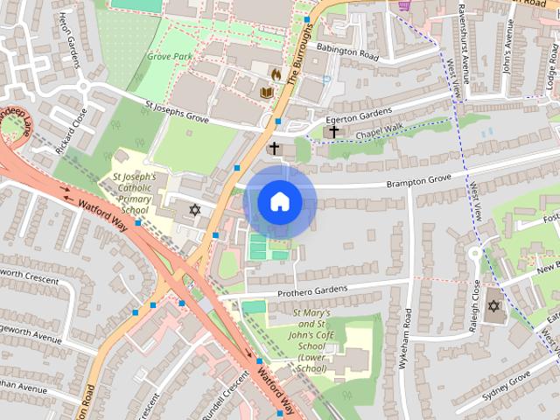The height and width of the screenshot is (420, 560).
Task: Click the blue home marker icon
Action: tap(280, 202)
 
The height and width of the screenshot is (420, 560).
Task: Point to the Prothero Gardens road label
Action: tap(312, 290)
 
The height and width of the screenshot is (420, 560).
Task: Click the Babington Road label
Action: tap(347, 52)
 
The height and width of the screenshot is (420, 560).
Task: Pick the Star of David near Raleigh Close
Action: tap(493, 306)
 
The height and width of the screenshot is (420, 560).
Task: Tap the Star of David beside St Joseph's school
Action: tap(194, 211)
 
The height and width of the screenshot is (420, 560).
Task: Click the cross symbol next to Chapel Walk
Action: tap(333, 131)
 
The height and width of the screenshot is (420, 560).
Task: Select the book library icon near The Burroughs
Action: tap(266, 91)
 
